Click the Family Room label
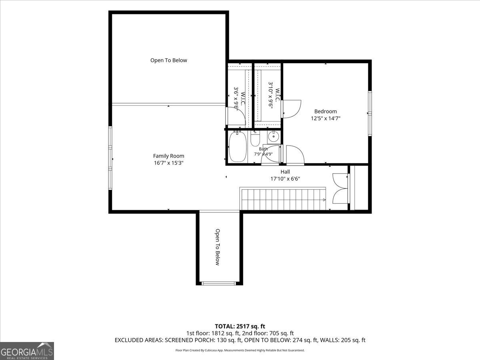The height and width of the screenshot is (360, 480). (x=168, y=156)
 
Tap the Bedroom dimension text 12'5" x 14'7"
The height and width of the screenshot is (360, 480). (x=326, y=118)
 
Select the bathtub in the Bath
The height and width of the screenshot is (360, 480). (x=238, y=147)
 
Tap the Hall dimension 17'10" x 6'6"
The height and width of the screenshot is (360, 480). (x=285, y=179)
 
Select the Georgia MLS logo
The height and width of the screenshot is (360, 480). (x=27, y=351)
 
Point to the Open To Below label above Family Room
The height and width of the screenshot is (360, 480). (x=169, y=60)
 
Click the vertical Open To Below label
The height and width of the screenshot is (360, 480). (x=218, y=247)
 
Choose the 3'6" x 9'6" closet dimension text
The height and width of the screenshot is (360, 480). (x=236, y=99)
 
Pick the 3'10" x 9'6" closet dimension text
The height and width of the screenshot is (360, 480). (x=271, y=95)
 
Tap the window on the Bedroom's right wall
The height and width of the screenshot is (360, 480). (x=370, y=114)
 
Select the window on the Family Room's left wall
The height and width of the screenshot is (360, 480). (x=110, y=158)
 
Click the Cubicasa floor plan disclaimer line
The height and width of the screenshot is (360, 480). (x=240, y=350)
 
